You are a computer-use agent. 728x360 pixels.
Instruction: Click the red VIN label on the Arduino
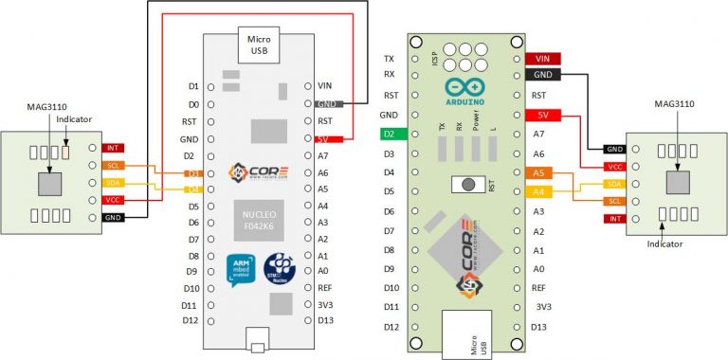tap(542, 58)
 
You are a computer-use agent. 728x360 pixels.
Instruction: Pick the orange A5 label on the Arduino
tap(537, 173)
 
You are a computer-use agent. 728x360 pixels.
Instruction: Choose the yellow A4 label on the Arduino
tap(537, 192)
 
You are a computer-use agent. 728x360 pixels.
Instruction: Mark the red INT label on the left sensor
tap(113, 148)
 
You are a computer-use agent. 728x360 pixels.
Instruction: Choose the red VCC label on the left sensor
tap(113, 200)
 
